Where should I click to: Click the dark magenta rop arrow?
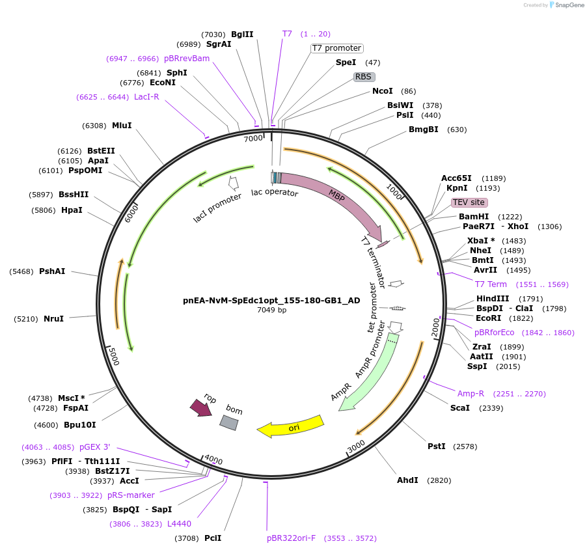coord(200,407)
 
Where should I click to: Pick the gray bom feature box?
coord(229,422)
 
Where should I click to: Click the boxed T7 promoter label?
coord(336,48)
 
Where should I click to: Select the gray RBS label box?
coord(363,77)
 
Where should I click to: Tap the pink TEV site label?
coord(469,202)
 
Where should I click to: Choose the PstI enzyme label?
coord(437,447)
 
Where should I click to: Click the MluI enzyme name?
coord(122,126)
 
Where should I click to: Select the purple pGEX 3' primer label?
coord(95,447)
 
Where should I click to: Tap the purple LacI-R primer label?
coord(146,97)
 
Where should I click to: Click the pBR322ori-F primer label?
coord(291,538)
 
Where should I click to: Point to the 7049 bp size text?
coord(271,310)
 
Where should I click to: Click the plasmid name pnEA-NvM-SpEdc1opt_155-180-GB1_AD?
coord(271,301)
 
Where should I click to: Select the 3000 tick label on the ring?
coord(356,447)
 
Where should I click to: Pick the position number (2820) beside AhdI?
coord(439,480)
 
